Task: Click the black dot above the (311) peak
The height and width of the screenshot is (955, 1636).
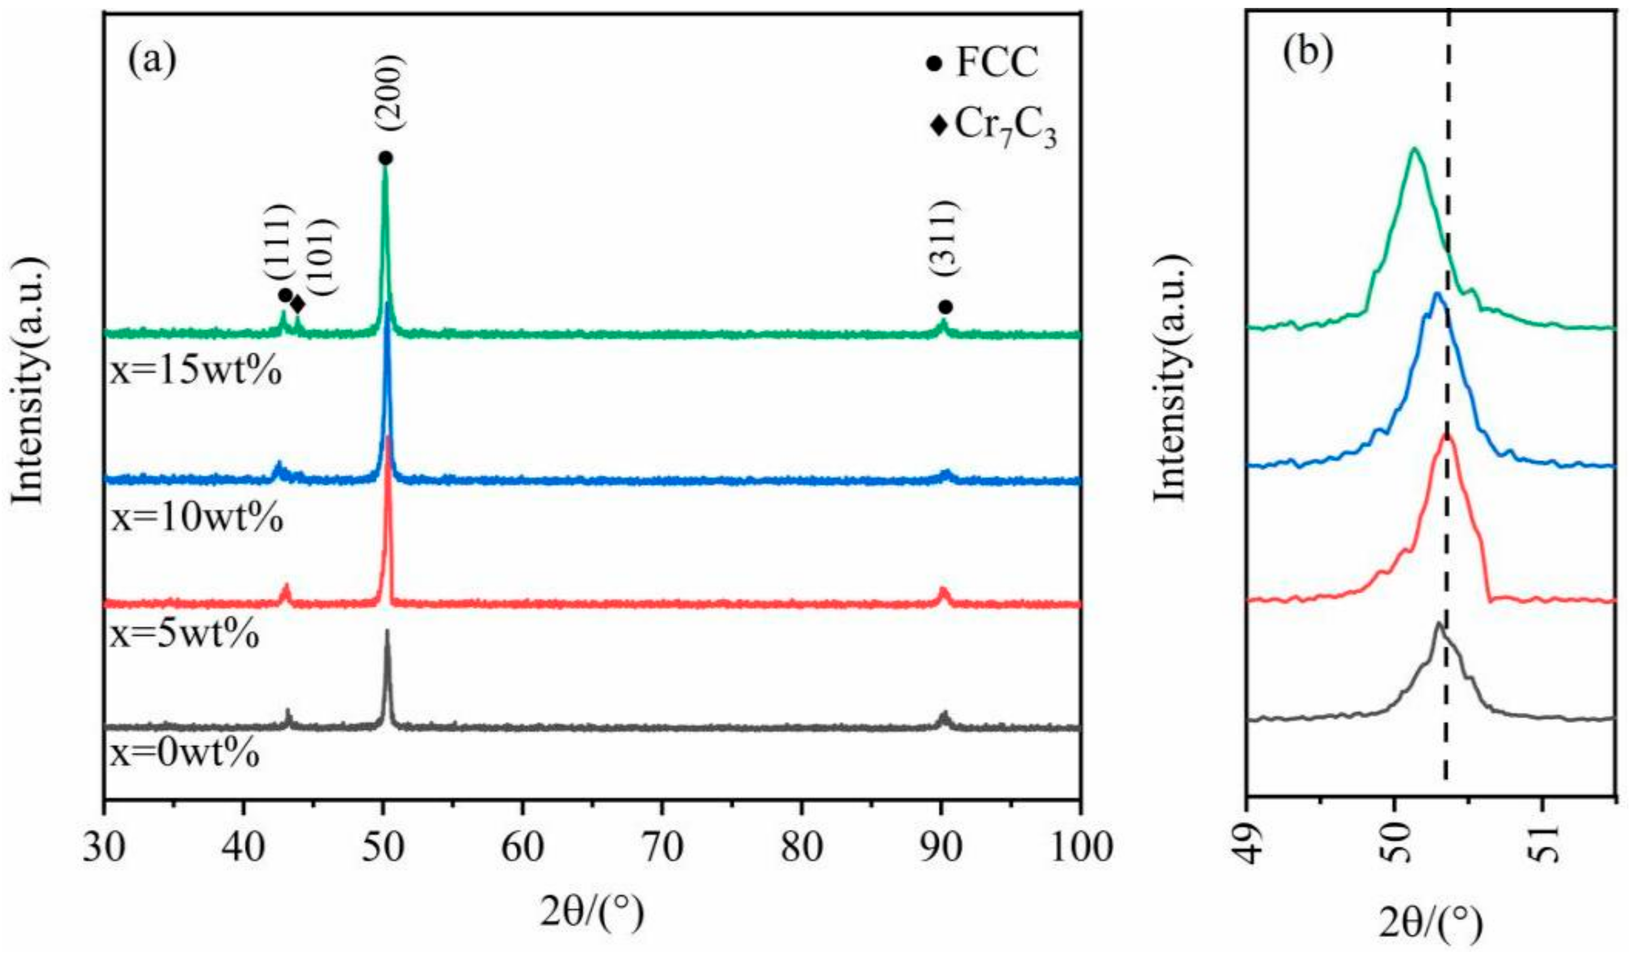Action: tap(945, 307)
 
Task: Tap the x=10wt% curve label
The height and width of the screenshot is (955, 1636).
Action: tap(197, 519)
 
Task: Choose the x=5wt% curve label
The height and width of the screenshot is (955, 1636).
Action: tap(185, 635)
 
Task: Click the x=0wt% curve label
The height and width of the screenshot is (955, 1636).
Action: tap(185, 754)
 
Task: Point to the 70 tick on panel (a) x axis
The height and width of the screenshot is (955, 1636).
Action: tap(661, 848)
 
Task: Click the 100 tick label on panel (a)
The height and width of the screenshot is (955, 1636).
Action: tap(1079, 848)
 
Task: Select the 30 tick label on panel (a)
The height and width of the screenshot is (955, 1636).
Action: tap(104, 848)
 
